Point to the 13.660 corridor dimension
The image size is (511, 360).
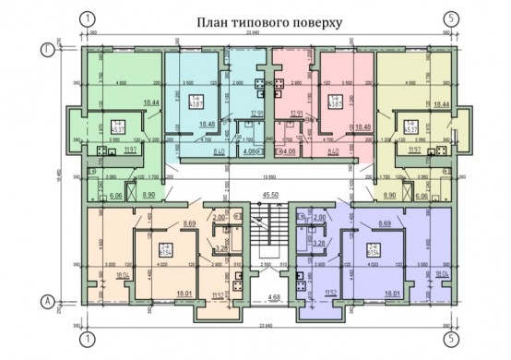click(270, 174)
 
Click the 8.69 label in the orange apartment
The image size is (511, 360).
click(191, 224)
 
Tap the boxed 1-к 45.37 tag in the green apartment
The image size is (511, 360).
click(117, 126)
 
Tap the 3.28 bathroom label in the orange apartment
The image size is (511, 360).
click(221, 247)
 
